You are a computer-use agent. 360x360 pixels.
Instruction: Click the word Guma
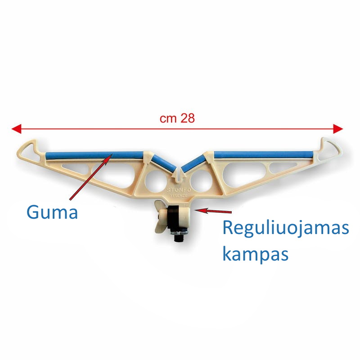click(x=52, y=212)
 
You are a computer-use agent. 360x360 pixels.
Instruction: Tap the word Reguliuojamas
click(x=286, y=228)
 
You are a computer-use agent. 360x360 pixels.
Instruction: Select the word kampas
click(x=255, y=254)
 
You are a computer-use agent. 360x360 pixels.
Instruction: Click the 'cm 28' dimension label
click(x=177, y=118)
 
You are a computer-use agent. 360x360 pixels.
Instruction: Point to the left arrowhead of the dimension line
click(x=16, y=129)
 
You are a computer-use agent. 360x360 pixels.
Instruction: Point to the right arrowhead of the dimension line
click(x=338, y=129)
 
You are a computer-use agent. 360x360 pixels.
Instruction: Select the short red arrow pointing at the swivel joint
click(x=213, y=210)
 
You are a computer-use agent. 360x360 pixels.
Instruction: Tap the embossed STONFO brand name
click(x=179, y=190)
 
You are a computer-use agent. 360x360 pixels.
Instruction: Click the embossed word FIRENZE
click(x=179, y=196)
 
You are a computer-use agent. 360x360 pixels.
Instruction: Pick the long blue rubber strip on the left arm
click(x=94, y=155)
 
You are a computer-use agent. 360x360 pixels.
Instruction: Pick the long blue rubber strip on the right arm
click(x=264, y=154)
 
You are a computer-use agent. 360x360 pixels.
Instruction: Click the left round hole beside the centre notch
click(x=156, y=181)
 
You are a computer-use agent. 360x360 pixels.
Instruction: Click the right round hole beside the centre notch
click(x=201, y=181)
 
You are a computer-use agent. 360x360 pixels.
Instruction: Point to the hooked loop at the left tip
click(x=29, y=151)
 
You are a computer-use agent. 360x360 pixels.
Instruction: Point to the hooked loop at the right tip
click(x=329, y=149)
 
